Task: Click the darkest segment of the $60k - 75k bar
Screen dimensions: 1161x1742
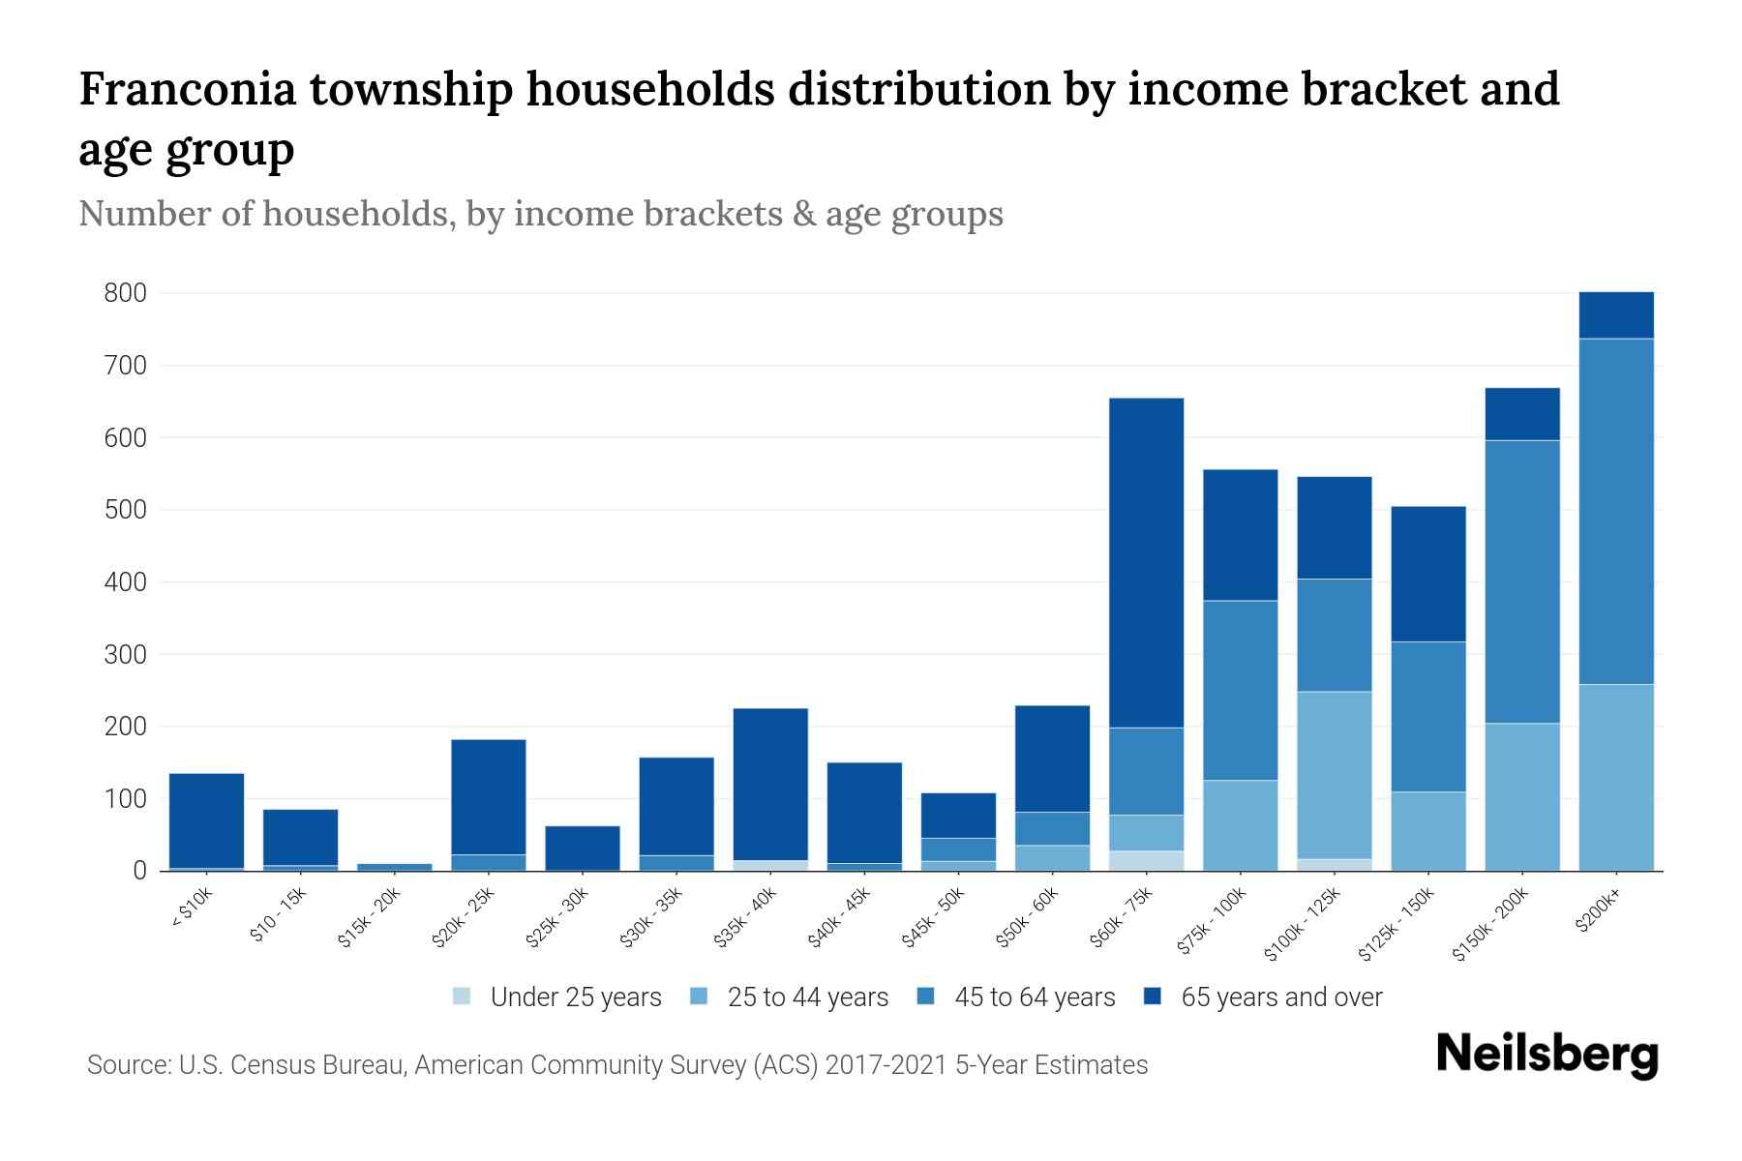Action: tap(1146, 562)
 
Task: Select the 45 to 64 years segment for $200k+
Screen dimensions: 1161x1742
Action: tap(1616, 511)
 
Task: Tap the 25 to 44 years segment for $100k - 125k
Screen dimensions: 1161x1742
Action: tap(1335, 774)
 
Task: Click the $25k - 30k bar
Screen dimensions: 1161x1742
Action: tap(583, 848)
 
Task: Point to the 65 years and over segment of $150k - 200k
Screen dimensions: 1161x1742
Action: tap(1522, 414)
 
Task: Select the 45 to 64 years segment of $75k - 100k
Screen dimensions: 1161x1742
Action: tap(1241, 690)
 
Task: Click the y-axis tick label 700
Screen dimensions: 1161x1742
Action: tap(125, 366)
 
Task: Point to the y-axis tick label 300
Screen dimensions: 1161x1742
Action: tap(125, 655)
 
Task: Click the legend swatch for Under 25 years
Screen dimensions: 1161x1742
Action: tap(463, 997)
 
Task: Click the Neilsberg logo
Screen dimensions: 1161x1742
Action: tap(1547, 1056)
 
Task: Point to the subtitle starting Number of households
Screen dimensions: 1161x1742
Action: tap(540, 214)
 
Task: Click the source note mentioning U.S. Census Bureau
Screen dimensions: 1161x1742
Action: tap(616, 1065)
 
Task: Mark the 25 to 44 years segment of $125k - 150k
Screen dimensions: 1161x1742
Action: tap(1428, 831)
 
